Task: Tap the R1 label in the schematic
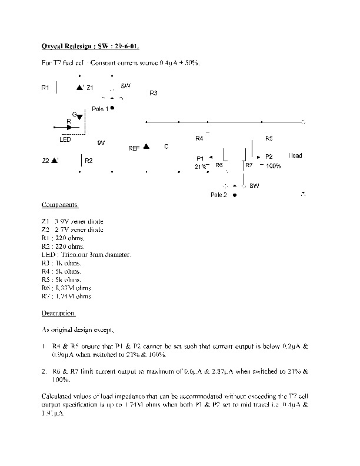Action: (45, 88)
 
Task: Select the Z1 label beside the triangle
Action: (90, 88)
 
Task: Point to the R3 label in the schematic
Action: (154, 94)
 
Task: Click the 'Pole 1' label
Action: (100, 109)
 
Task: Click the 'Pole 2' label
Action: (218, 195)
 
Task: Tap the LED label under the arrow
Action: (65, 139)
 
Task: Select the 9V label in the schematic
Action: (101, 143)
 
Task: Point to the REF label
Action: (134, 149)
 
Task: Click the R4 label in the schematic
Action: (199, 138)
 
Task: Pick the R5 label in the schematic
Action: (269, 138)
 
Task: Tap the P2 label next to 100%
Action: (269, 157)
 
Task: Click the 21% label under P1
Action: (201, 167)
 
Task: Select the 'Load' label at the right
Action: (295, 155)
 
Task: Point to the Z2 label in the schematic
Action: (46, 160)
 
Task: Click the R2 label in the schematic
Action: (89, 161)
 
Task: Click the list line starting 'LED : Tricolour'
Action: (86, 255)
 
